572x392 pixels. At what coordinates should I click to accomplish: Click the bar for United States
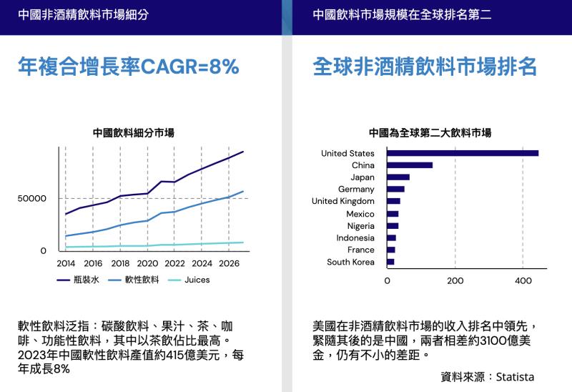point(462,153)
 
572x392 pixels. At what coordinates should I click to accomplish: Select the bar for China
point(410,165)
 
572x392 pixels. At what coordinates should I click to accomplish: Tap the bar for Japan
point(398,177)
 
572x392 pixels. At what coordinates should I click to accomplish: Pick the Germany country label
point(356,190)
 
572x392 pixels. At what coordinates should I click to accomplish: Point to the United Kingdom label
point(342,202)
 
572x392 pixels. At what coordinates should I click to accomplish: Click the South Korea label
point(350,262)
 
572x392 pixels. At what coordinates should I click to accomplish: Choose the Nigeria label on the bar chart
point(360,226)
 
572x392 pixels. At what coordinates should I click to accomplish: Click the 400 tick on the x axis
point(523,280)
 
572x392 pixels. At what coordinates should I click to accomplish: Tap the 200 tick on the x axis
point(455,280)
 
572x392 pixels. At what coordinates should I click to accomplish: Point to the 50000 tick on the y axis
point(33,198)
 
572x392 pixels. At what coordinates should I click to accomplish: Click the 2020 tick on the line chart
point(147,263)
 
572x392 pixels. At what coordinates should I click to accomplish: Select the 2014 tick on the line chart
point(65,263)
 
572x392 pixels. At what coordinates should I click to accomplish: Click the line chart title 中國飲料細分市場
point(134,132)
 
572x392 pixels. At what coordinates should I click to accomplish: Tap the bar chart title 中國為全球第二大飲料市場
point(430,132)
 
